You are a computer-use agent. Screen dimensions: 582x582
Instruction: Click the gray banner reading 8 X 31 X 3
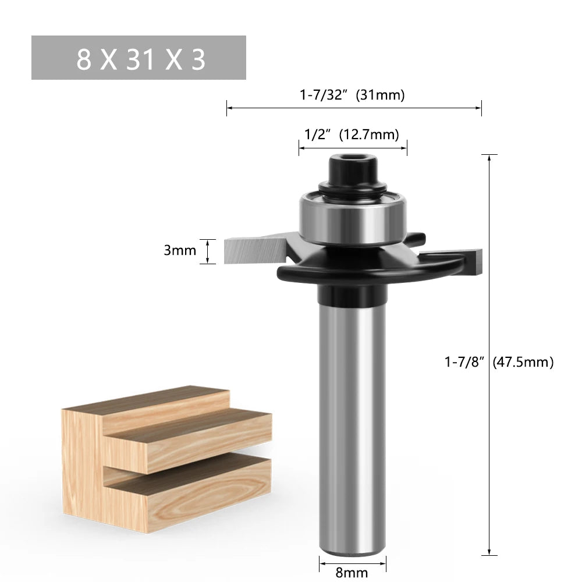(139, 58)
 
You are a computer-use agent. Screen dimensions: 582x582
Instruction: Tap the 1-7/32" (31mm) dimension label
(352, 94)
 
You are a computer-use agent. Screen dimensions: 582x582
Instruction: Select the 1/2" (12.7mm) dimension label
(352, 134)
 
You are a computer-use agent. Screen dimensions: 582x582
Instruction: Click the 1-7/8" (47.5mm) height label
(498, 361)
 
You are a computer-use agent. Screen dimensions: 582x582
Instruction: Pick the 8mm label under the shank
(353, 572)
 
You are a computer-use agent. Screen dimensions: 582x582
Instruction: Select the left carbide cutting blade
(250, 251)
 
